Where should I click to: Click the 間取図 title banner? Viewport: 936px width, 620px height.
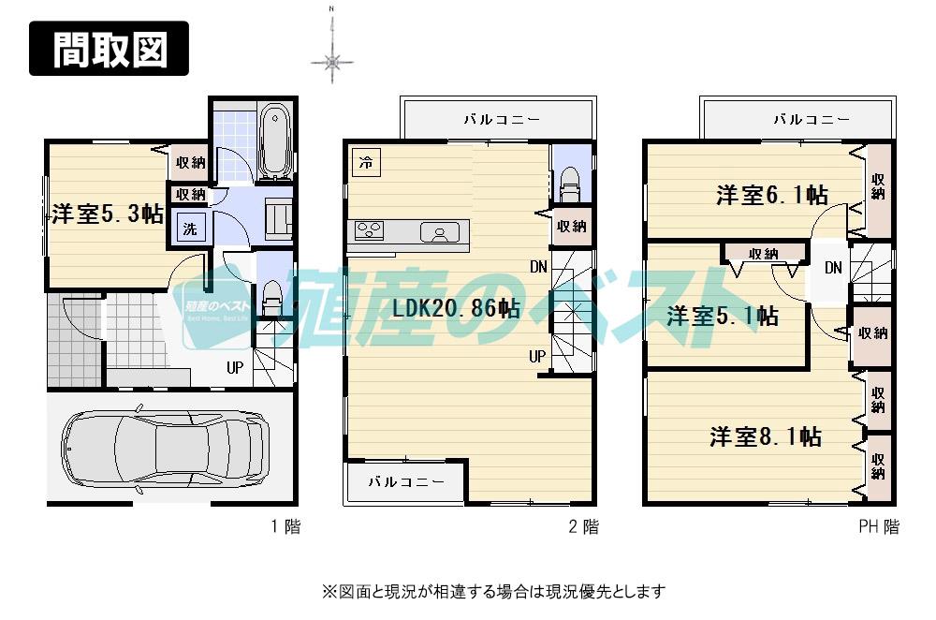click(x=109, y=49)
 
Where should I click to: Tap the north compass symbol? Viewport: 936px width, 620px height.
click(x=332, y=62)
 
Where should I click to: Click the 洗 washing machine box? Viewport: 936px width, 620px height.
click(x=190, y=229)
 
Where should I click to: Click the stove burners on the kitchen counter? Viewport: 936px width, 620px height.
click(x=367, y=230)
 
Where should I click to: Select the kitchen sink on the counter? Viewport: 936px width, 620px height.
click(x=438, y=231)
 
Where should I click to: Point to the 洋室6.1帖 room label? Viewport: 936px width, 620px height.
click(x=771, y=195)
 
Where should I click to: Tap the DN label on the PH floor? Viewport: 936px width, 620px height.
click(x=833, y=269)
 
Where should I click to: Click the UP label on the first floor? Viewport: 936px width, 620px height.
click(x=235, y=367)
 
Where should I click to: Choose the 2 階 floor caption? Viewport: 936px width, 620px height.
click(x=583, y=527)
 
